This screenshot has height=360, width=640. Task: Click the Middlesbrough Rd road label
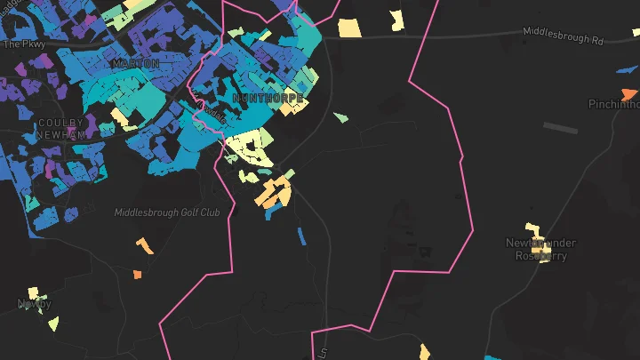click(563, 41)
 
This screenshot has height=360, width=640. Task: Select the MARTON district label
click(136, 64)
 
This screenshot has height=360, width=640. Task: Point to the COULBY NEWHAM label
click(60, 128)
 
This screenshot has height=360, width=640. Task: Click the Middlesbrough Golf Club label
click(166, 212)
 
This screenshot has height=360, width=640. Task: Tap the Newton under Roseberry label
click(540, 249)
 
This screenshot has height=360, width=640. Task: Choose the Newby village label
click(35, 304)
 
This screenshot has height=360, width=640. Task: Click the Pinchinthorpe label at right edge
click(613, 104)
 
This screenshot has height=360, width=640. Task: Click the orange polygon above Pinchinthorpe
click(628, 93)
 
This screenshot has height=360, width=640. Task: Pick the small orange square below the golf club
click(137, 274)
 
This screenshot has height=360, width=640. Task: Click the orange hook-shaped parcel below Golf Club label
click(143, 244)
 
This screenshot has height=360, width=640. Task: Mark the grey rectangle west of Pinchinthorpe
click(560, 128)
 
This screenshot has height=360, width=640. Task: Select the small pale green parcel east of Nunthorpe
click(340, 117)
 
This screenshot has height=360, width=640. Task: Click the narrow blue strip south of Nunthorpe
click(301, 236)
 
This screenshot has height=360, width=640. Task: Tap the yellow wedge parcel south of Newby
click(53, 323)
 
